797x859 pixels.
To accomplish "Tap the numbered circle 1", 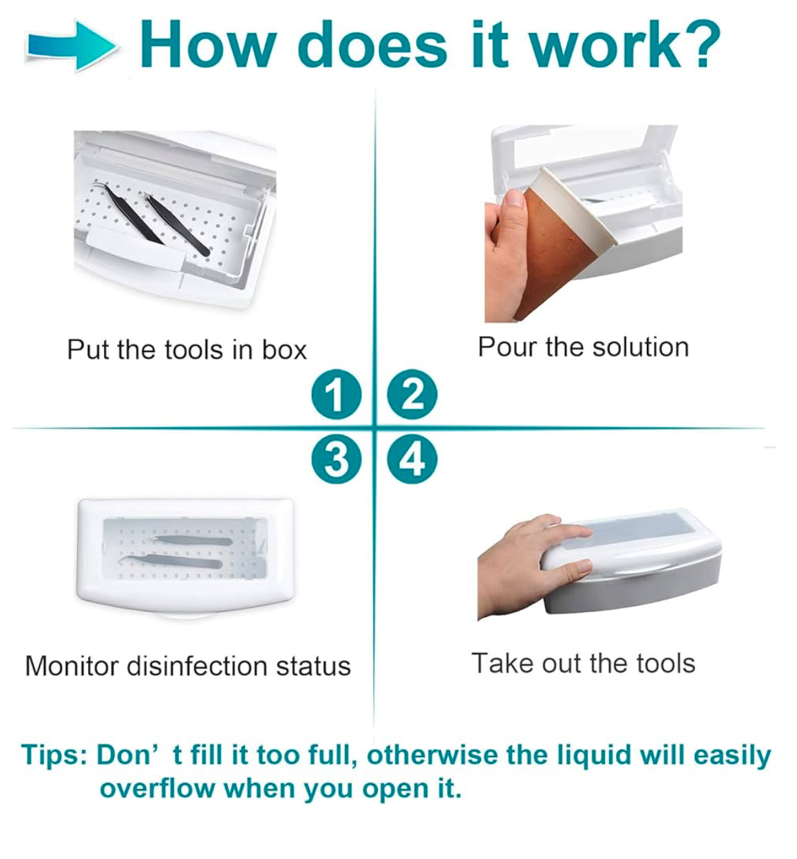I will pyautogui.click(x=337, y=395).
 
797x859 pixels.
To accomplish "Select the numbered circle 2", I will pyautogui.click(x=412, y=395).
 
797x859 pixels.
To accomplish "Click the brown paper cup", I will pyautogui.click(x=561, y=244).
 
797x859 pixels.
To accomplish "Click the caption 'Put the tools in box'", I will pyautogui.click(x=187, y=349).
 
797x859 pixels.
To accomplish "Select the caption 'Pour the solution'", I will pyautogui.click(x=583, y=347).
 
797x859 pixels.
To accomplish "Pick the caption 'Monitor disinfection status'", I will pyautogui.click(x=187, y=666).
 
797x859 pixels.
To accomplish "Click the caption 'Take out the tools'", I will pyautogui.click(x=583, y=663).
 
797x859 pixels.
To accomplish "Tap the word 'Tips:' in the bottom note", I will pyautogui.click(x=54, y=754).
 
